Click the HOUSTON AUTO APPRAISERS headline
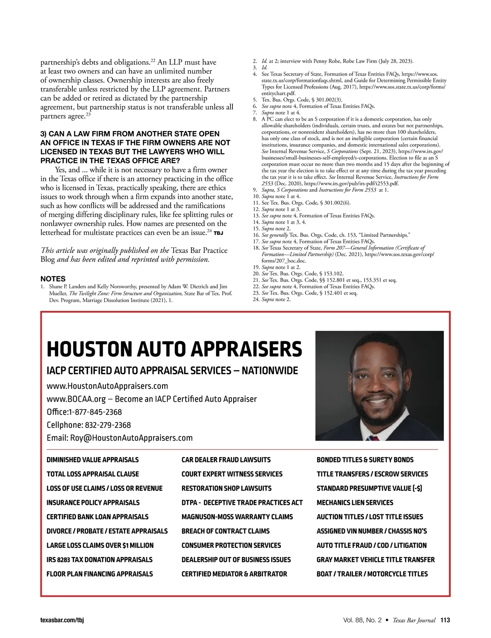pos(174,349)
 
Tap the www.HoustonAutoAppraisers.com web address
pos(107,386)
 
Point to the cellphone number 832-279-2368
pos(108,425)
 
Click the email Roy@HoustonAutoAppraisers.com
pos(131,438)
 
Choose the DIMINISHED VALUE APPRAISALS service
pos(92,460)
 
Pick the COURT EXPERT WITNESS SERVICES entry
pos(232,474)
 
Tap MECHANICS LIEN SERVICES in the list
pos(354,502)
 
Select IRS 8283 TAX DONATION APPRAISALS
pos(99,560)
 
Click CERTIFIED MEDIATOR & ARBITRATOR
pos(234,574)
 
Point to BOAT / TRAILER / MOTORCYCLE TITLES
pos(372,574)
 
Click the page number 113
pos(445,620)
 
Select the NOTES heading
pos(53,279)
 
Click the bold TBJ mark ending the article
pos(218,233)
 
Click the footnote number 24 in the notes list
pos(256,299)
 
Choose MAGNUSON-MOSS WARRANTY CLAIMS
pos(237,517)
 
